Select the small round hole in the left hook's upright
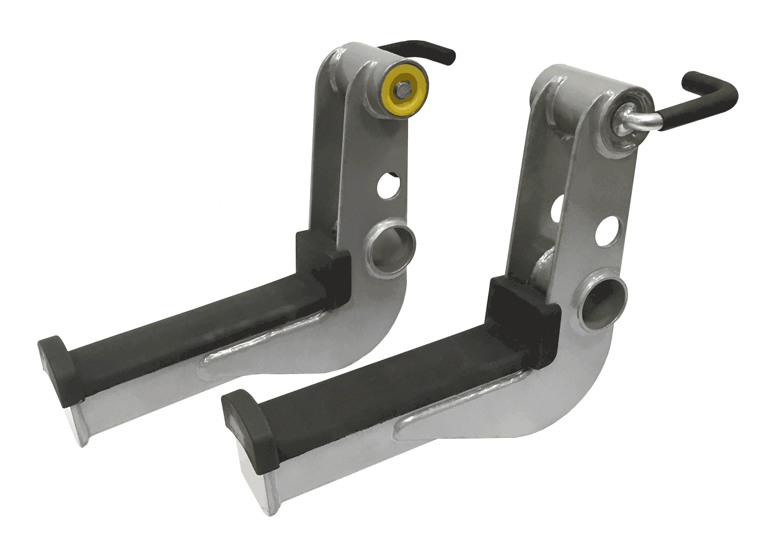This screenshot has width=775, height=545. (x=388, y=186)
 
